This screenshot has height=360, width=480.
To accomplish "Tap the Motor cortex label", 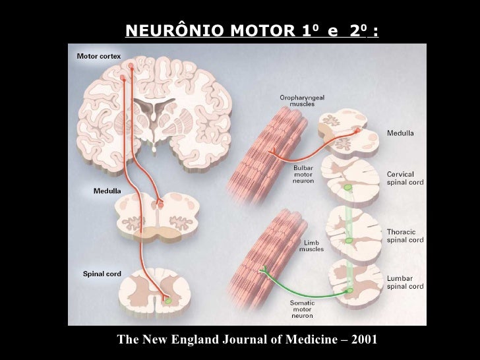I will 98,56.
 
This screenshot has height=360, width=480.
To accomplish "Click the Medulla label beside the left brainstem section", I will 106,191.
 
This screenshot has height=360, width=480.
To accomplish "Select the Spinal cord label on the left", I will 102,274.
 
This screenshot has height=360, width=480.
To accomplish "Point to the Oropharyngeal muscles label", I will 302,101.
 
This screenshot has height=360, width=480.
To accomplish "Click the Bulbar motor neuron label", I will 303,175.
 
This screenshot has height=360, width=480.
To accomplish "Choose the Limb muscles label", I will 311,246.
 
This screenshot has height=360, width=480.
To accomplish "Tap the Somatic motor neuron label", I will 302,309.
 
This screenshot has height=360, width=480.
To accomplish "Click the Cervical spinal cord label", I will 405,177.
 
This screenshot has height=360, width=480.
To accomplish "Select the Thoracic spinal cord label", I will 405,236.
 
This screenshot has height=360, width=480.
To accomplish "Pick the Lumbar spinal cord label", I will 405,282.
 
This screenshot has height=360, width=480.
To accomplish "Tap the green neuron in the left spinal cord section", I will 169,300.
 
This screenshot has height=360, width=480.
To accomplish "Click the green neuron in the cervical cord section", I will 348,189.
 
